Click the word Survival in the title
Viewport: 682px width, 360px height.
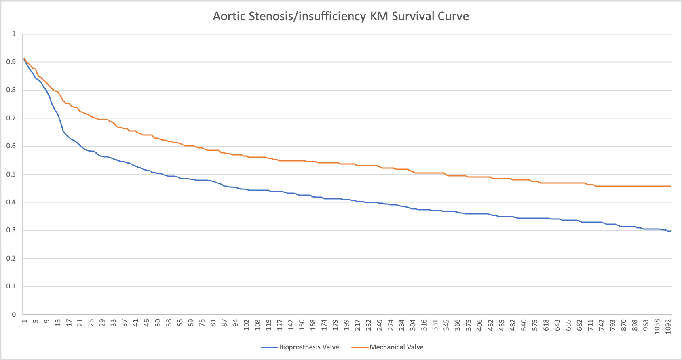tap(411, 16)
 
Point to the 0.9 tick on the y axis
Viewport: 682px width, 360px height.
tap(11, 62)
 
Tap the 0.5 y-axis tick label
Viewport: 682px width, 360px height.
tap(11, 174)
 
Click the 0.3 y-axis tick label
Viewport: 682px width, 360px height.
tap(11, 230)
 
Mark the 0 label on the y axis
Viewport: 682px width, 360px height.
tap(14, 314)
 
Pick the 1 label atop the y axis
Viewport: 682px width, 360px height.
tap(14, 34)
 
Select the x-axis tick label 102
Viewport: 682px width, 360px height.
tap(247, 325)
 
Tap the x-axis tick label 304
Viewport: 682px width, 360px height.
tap(413, 325)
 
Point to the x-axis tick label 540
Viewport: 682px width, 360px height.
tap(524, 325)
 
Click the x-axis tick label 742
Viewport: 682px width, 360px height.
tap(602, 325)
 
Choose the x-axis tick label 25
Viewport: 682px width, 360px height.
tap(91, 323)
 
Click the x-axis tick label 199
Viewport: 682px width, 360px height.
tap(346, 325)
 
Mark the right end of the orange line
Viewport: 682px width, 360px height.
tap(671, 186)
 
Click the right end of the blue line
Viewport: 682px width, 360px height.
tap(671, 231)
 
